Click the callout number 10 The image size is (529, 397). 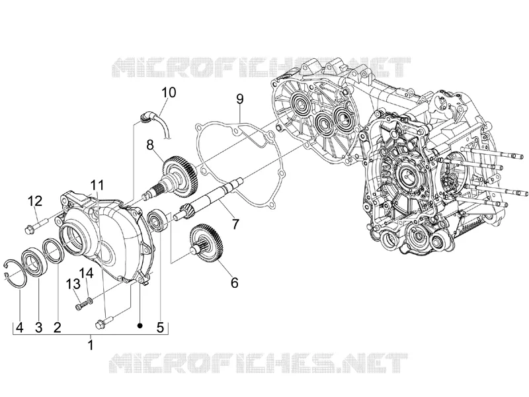[x=169, y=92]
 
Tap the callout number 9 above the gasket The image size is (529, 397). [x=239, y=99]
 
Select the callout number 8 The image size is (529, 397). [x=150, y=145]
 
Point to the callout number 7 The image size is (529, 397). [x=235, y=224]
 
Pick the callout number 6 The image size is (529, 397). [x=234, y=283]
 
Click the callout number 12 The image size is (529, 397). [x=35, y=201]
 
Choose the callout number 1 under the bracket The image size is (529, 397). [x=90, y=345]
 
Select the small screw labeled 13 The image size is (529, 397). [x=82, y=305]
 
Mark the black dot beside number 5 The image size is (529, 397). [x=140, y=325]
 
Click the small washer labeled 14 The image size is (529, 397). [x=89, y=300]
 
